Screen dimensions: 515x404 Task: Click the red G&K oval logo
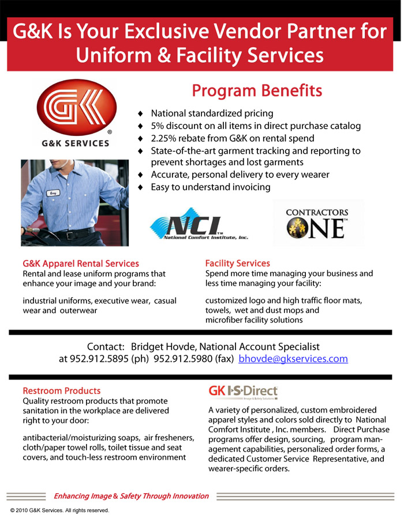coord(73,108)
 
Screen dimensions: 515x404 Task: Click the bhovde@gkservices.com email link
coord(293,359)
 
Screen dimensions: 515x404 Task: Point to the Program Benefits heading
coord(257,91)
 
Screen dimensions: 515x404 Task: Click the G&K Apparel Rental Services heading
coord(81,263)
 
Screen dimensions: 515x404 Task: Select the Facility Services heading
coord(237,263)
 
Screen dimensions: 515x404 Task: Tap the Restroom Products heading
coord(61,391)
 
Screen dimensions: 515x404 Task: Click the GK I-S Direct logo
coord(243,392)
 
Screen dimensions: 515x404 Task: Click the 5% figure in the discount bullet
coord(158,126)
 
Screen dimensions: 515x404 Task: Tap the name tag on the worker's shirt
coord(54,194)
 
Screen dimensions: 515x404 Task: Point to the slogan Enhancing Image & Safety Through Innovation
coord(131,496)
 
